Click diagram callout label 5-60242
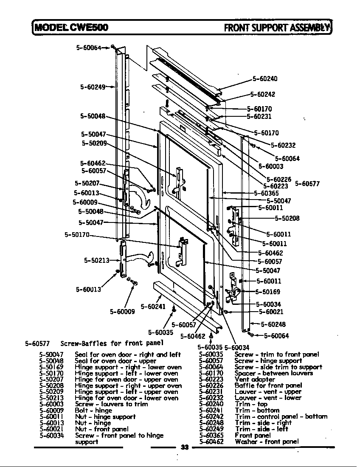click(x=262, y=94)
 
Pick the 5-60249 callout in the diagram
click(x=93, y=87)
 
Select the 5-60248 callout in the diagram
click(x=273, y=324)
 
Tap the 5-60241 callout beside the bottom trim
click(x=153, y=307)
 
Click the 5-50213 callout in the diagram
click(x=96, y=260)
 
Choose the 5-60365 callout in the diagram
click(x=266, y=193)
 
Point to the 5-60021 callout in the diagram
click(x=271, y=311)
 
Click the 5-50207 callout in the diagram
click(x=87, y=183)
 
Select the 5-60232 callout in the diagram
click(x=283, y=145)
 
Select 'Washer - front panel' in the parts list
click(x=267, y=442)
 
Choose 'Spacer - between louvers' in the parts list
click(x=273, y=373)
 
